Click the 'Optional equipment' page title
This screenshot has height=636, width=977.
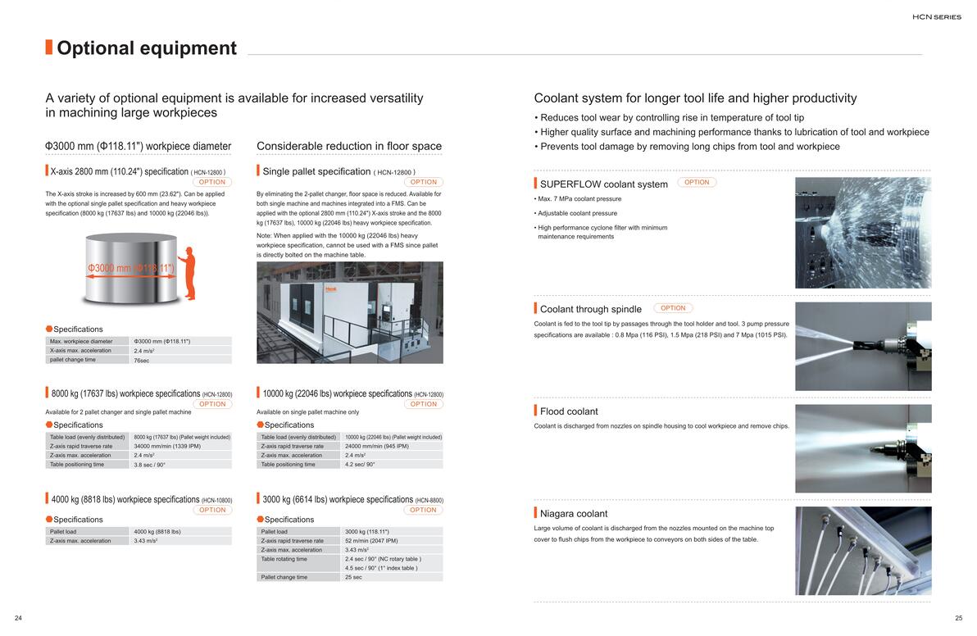pos(146,48)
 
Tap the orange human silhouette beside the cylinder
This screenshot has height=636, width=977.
pos(188,274)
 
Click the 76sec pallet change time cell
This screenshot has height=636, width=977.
pos(142,360)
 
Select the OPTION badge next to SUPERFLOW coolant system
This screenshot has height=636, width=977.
pos(697,183)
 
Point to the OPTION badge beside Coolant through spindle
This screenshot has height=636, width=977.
pos(673,308)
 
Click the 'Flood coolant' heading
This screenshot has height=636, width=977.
pos(569,411)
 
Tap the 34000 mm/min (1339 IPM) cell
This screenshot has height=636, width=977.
pos(167,446)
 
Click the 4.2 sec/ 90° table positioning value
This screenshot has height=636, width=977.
pos(360,465)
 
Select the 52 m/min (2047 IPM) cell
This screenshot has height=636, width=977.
pos(371,541)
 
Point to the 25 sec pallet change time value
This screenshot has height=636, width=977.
pos(354,577)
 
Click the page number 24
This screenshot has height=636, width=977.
pos(18,618)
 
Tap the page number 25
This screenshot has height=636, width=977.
pos(959,618)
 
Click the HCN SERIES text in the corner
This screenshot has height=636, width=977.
pos(937,16)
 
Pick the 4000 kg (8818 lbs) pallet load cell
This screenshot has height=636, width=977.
pos(157,532)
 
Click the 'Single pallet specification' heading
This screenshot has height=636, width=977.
pos(316,171)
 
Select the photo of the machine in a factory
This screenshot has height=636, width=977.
pos(350,312)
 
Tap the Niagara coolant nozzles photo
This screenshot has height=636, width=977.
pos(863,551)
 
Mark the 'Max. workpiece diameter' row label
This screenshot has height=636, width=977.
pos(81,341)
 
